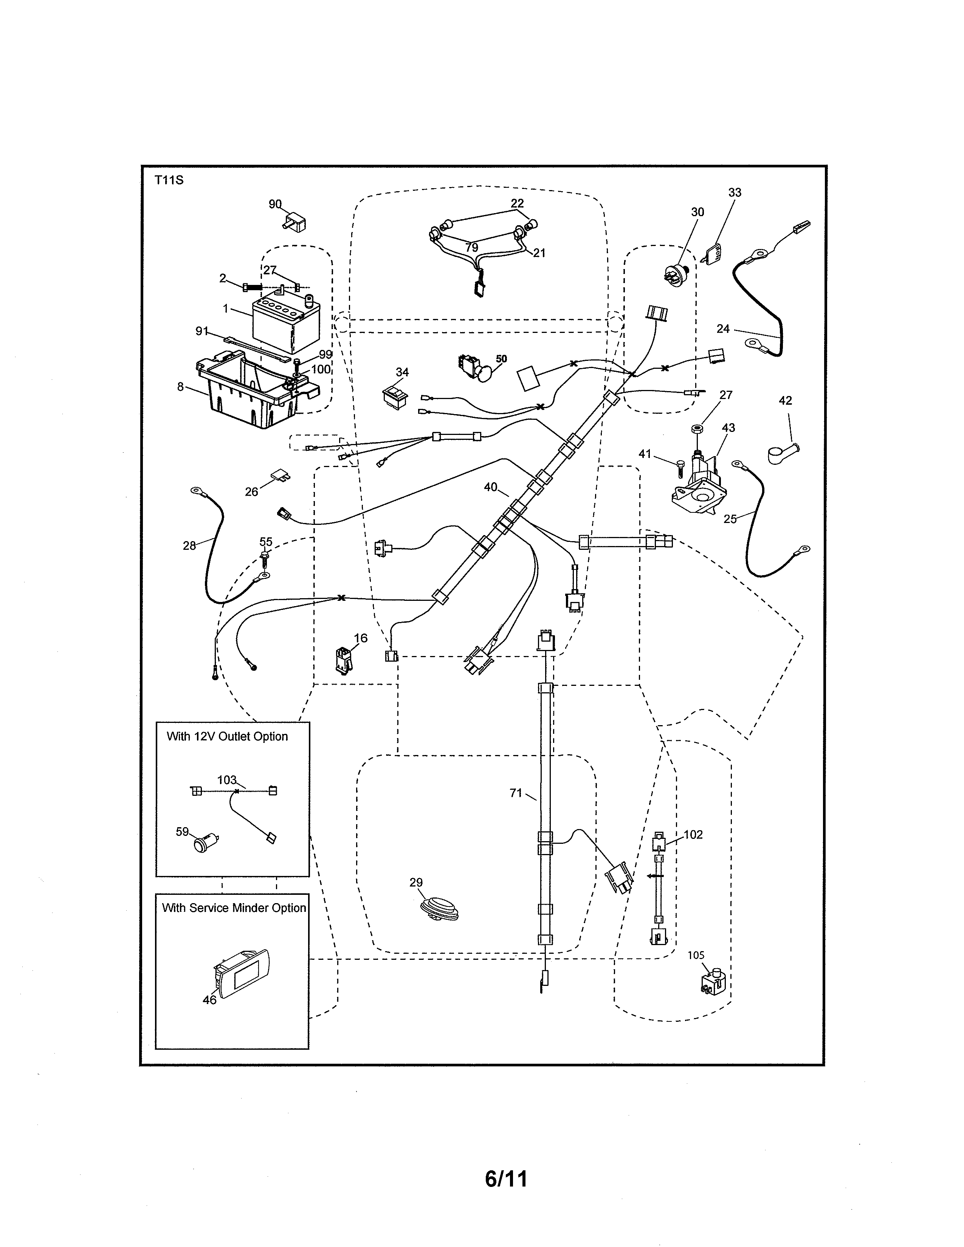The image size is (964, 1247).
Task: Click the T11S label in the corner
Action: coord(169,180)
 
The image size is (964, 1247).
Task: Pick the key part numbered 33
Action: coord(711,254)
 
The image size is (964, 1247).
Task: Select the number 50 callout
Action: coord(501,359)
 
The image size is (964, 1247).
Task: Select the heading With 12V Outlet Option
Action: coord(227,736)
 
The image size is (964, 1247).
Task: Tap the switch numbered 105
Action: coord(714,982)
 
